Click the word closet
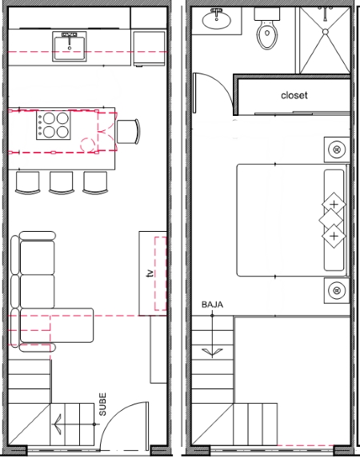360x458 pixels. [294, 95]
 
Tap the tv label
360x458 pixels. [150, 273]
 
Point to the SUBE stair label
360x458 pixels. [102, 404]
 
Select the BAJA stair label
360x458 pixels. [212, 305]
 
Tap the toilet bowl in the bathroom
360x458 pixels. [267, 35]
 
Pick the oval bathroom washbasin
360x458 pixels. [217, 19]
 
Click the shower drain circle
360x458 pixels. [326, 31]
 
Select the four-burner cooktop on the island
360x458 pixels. [54, 125]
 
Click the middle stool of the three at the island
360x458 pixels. [61, 183]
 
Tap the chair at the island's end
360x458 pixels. [128, 131]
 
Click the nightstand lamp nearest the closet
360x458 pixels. [337, 149]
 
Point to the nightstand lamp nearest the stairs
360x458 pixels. [337, 290]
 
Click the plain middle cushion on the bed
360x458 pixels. [330, 220]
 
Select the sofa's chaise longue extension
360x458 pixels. [57, 325]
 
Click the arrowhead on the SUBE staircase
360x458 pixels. [58, 424]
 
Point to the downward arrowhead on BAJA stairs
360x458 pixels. [212, 352]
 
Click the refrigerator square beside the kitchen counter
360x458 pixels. [150, 49]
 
